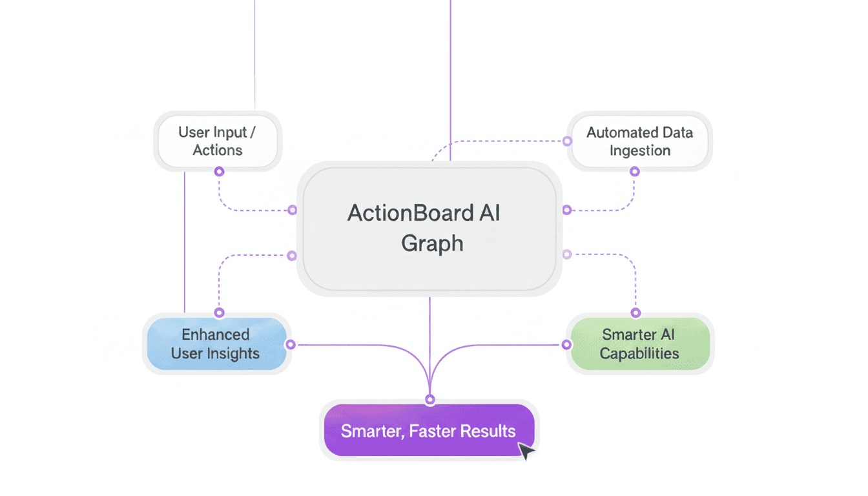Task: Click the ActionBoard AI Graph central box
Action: (x=429, y=229)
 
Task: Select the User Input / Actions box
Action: (x=218, y=141)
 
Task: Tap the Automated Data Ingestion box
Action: (x=639, y=141)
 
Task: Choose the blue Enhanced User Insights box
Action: (x=216, y=344)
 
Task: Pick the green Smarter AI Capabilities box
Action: (x=639, y=344)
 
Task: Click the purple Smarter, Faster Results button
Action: (x=429, y=431)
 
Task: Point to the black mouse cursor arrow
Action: (x=526, y=450)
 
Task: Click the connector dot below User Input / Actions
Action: (x=219, y=172)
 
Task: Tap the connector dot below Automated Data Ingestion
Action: (x=634, y=172)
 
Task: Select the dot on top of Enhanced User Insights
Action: (x=219, y=313)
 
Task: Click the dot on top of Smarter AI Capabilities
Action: (x=635, y=313)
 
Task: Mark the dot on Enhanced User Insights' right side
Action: (x=291, y=345)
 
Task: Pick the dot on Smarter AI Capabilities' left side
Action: (x=567, y=345)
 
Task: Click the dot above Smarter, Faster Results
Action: (x=430, y=399)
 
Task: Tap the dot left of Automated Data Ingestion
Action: (x=567, y=141)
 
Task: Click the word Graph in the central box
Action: (x=432, y=243)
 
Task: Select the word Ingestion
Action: (x=640, y=150)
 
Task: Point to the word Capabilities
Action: (x=639, y=353)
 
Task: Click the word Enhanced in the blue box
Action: (x=216, y=335)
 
